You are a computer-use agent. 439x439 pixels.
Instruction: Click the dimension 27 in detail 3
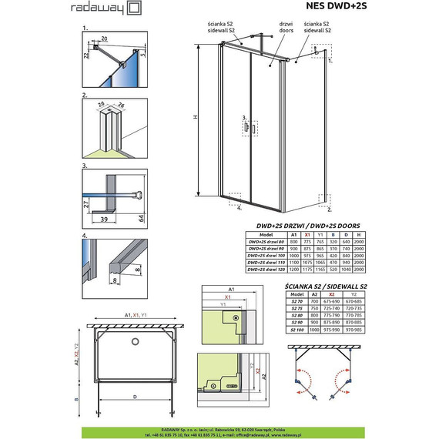click(x=85, y=206)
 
